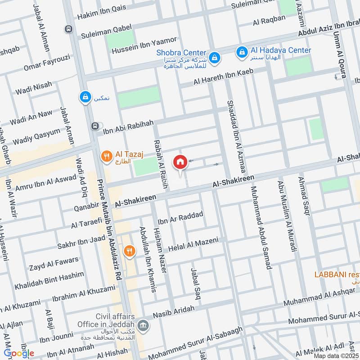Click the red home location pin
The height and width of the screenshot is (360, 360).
[180, 162]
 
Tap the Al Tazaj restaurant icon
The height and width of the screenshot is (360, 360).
[107, 157]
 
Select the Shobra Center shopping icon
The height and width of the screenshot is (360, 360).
[215, 57]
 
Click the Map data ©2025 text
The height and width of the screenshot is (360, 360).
[336, 356]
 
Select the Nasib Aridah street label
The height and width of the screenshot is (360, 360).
[174, 311]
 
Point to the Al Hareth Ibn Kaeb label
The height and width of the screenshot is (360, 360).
[224, 77]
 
